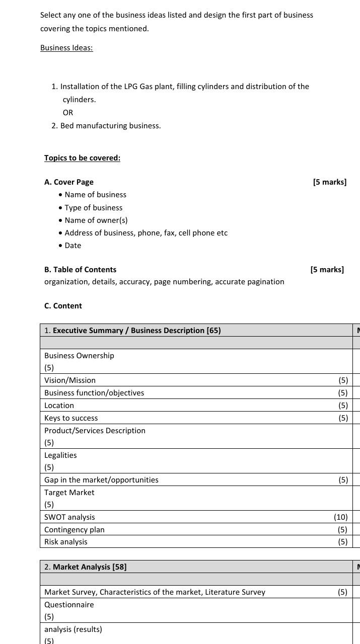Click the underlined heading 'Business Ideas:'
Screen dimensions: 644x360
66,48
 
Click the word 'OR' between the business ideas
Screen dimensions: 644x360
68,113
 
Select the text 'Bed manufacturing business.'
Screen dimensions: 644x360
110,126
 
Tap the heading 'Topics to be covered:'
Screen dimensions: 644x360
82,158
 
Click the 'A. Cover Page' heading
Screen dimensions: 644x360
69,182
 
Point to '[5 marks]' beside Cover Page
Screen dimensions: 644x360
329,182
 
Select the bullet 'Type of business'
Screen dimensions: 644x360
93,208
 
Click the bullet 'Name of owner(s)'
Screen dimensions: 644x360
96,220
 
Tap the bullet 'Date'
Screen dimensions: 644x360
73,246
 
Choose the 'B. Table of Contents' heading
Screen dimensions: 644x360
80,270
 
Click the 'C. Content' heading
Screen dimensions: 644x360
63,306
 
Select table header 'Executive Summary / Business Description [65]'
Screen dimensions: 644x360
136,331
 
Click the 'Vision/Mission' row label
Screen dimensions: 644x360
70,380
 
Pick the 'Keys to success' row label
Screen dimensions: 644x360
71,418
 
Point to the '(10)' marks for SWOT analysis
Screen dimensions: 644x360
340,517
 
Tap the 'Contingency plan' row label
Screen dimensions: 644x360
75,530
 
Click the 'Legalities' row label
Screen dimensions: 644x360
60,455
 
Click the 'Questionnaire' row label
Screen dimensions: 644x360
69,605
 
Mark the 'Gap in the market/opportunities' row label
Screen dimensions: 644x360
101,480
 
